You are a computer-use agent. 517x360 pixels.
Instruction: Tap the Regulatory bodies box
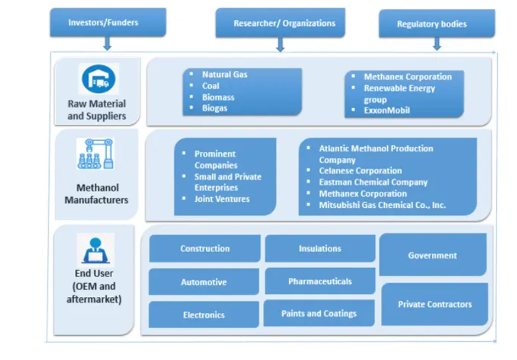[x=432, y=24]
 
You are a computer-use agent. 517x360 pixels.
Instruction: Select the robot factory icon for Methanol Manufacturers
[x=96, y=153]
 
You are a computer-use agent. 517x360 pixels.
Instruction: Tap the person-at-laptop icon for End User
[x=96, y=250]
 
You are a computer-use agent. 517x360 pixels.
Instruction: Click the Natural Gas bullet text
[x=224, y=74]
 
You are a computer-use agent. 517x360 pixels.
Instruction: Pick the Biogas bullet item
[x=215, y=108]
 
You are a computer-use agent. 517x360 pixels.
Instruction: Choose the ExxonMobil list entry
[x=386, y=110]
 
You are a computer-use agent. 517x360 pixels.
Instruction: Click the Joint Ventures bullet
[x=222, y=199]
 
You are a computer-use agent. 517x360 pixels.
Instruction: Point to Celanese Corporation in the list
[x=360, y=171]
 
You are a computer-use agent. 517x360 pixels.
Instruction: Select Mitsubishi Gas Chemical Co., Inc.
[x=382, y=205]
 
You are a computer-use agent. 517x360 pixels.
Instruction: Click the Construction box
[x=205, y=248]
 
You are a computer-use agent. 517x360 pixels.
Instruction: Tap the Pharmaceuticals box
[x=320, y=281]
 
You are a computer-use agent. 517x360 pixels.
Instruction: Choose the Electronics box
[x=204, y=315]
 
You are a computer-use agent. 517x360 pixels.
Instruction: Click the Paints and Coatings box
[x=319, y=314]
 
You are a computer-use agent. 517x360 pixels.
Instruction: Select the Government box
[x=432, y=255]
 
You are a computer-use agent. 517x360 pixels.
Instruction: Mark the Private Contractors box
[x=435, y=304]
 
